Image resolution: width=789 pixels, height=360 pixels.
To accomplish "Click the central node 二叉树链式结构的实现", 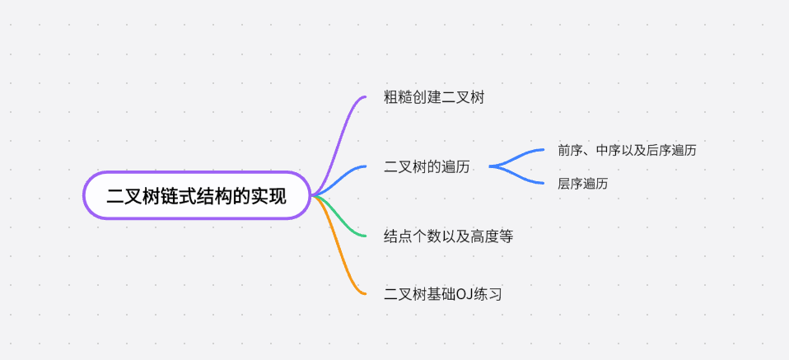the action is tap(197, 196).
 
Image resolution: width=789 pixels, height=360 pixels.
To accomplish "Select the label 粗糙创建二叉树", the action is tap(434, 97).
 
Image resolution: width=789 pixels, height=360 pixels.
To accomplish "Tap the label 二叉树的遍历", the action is tap(427, 167).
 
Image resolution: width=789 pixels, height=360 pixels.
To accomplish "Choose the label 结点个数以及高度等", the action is tap(449, 236).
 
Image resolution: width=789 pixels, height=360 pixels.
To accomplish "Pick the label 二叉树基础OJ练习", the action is tap(443, 293).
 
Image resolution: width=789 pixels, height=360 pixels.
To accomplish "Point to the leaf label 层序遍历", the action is tap(582, 184).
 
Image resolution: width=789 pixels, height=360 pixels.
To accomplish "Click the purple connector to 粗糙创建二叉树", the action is tap(339, 140).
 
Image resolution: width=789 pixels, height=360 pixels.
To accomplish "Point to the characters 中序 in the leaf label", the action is tap(608, 150).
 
